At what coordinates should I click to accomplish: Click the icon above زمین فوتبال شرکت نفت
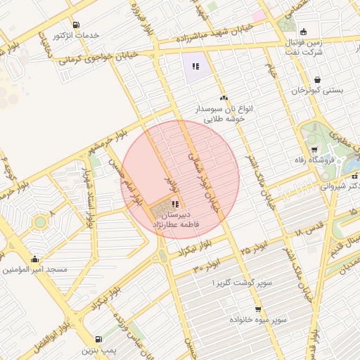click(303, 32)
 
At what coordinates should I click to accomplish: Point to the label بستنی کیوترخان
click(316, 90)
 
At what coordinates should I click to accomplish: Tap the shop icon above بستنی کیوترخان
click(318, 79)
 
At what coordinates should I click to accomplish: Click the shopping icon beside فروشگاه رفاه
click(314, 149)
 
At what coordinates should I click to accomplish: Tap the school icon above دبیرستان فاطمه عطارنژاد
click(174, 204)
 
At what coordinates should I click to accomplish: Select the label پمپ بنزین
click(98, 349)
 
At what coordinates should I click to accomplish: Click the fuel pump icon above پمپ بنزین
click(98, 339)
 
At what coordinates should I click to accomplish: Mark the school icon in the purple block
click(195, 67)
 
